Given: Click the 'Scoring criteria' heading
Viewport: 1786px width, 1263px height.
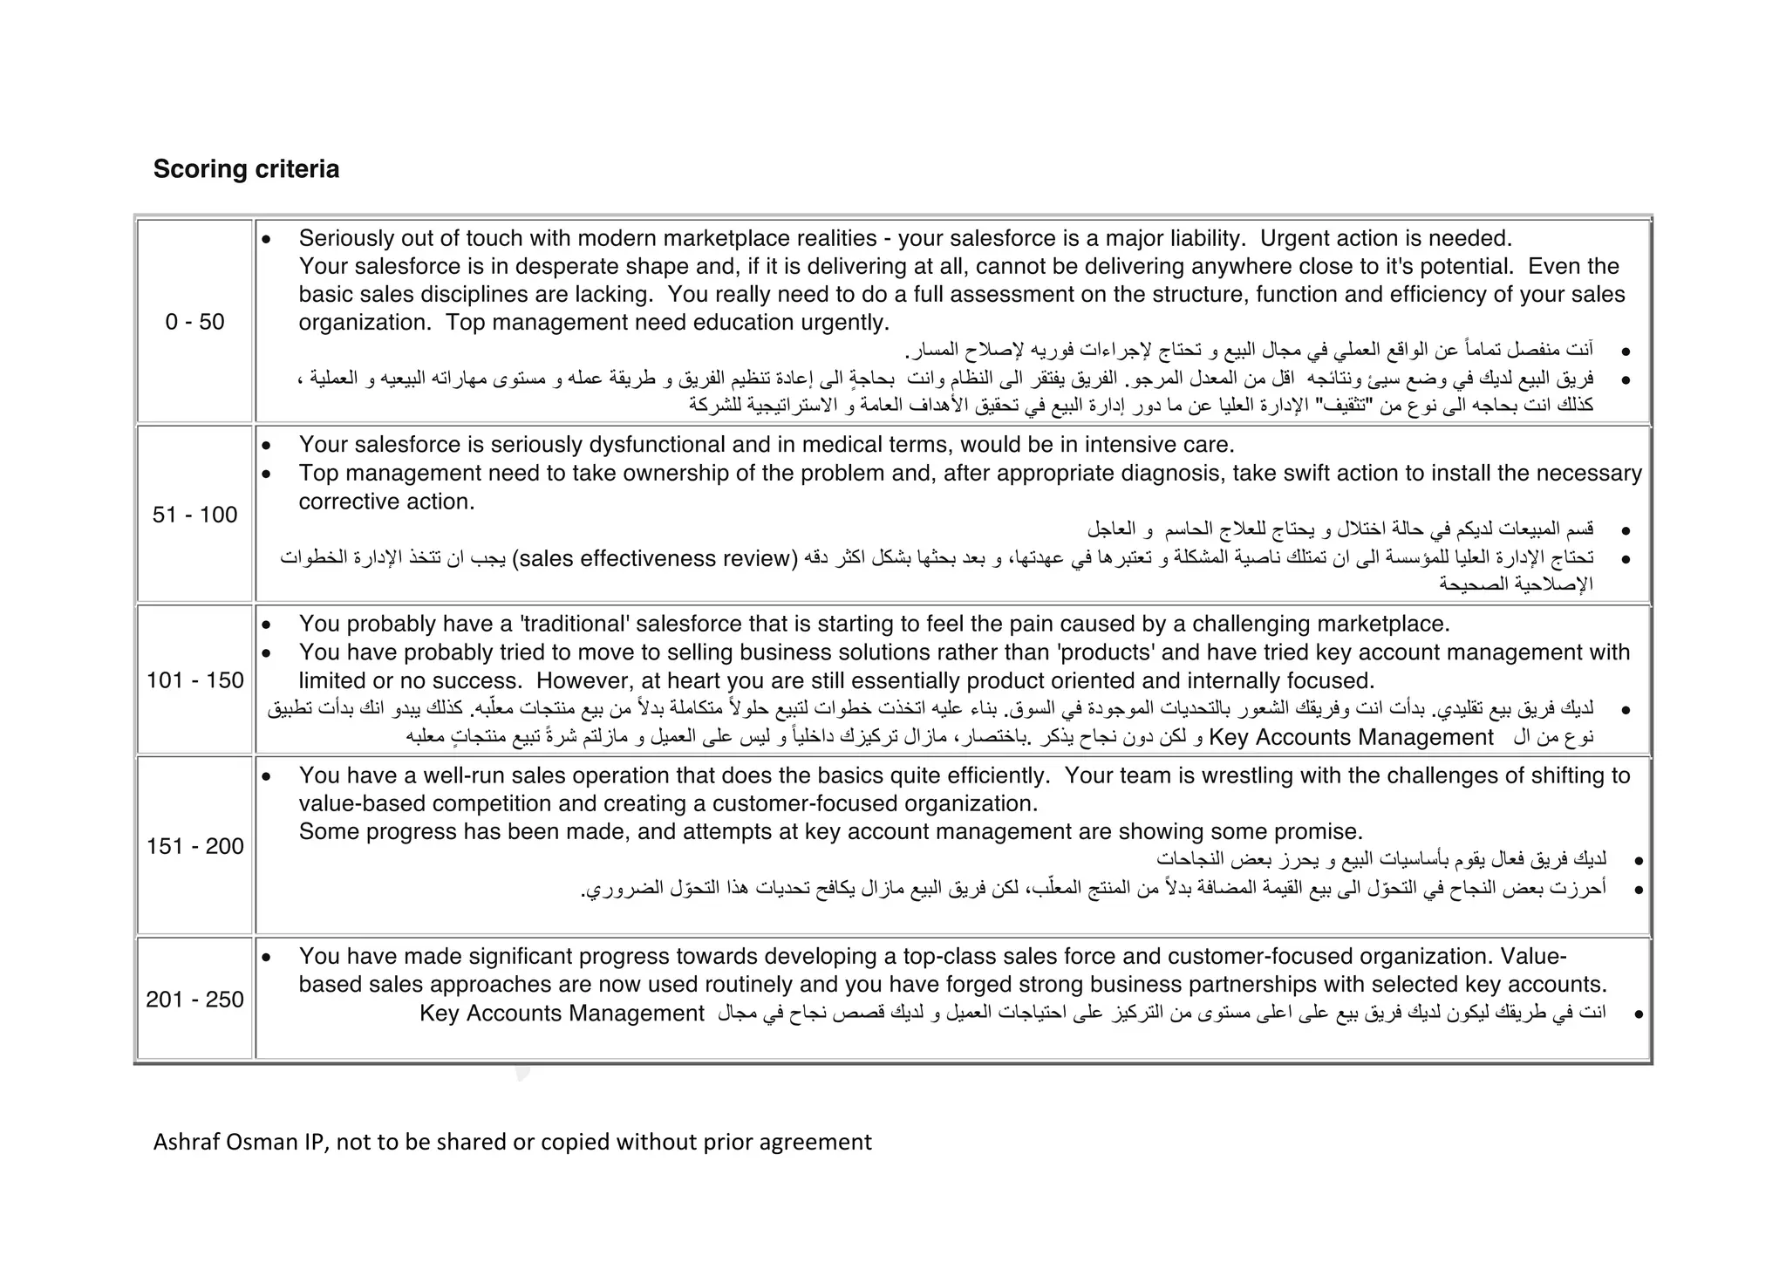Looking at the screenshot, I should (x=246, y=168).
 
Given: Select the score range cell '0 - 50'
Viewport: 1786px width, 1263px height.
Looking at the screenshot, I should (x=194, y=322).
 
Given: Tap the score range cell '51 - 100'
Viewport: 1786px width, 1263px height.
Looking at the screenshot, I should (x=194, y=515).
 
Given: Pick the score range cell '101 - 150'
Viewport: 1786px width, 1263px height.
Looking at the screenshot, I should (x=194, y=680).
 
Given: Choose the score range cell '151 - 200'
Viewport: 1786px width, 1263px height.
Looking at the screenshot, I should (x=194, y=846).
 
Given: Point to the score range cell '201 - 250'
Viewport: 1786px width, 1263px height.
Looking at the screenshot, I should (x=194, y=1000).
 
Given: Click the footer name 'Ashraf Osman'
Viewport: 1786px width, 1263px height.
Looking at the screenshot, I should (x=226, y=1142).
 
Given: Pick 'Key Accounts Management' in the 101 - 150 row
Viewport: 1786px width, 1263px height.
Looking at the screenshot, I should (x=1351, y=738).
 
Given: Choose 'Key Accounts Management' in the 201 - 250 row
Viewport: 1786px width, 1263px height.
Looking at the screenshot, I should (x=562, y=1014).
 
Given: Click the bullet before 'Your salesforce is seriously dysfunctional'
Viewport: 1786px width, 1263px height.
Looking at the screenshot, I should (x=267, y=446).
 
